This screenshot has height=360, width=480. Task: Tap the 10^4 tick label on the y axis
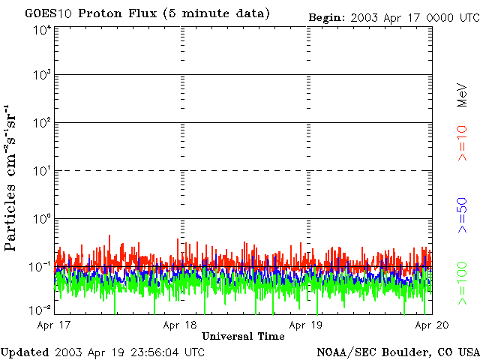42,30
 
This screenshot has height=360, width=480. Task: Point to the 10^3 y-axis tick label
42,76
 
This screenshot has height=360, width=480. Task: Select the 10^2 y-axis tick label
42,123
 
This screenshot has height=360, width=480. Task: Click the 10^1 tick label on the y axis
42,171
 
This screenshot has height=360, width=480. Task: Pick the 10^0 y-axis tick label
42,219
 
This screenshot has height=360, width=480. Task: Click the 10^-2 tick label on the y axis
41,310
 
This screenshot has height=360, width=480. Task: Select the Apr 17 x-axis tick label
54,325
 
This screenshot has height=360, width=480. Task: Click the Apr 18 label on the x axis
180,325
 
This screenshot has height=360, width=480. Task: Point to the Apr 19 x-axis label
306,325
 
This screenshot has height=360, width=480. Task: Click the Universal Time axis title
243,337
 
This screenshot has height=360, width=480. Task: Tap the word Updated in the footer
25,352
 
